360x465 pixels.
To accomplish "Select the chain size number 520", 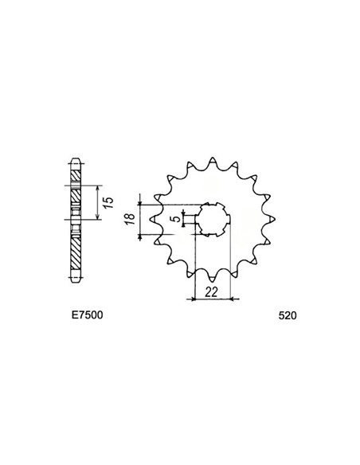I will (288, 315).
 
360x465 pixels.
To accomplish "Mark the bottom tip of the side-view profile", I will (76, 283).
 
